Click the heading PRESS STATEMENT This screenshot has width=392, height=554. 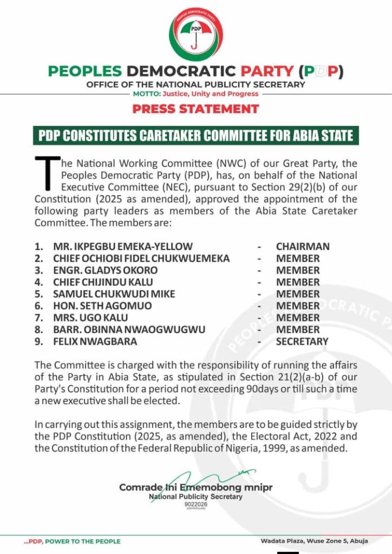point(196,109)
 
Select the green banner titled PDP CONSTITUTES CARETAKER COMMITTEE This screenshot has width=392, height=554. point(196,136)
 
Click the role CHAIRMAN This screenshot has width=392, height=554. point(302,247)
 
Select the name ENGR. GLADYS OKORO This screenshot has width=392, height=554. point(105,270)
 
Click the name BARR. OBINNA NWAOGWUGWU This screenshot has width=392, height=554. point(129,329)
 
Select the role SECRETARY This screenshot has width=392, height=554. point(302,341)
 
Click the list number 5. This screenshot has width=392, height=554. point(38,294)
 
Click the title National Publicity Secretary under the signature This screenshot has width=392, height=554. point(195,497)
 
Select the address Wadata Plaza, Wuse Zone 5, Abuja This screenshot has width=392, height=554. point(314,541)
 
